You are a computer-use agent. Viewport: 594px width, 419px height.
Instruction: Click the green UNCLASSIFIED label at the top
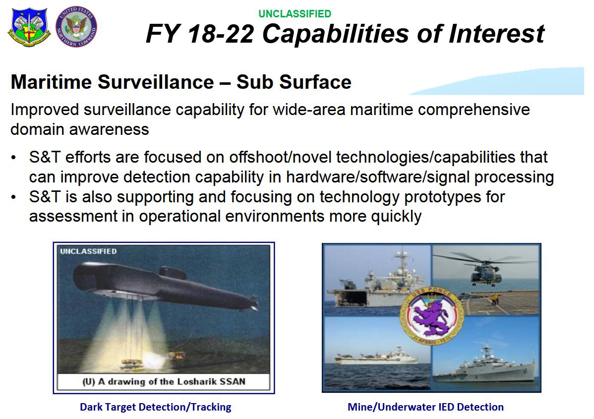tap(295, 14)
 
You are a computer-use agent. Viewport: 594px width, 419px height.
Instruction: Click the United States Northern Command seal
tap(76, 27)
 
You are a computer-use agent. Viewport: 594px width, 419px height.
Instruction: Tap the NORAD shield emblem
tap(29, 27)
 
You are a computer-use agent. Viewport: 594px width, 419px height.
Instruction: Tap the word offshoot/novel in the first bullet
tap(280, 157)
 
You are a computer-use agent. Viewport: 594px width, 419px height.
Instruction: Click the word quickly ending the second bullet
tap(396, 217)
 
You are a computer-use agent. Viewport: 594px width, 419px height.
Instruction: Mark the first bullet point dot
tap(14, 158)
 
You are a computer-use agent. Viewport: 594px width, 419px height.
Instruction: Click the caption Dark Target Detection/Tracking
tap(155, 407)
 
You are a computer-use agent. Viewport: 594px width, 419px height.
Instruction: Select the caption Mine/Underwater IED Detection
tap(425, 407)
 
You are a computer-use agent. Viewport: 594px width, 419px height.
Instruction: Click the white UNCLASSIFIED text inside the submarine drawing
tap(88, 251)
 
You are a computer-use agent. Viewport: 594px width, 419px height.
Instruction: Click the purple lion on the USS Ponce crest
tap(431, 317)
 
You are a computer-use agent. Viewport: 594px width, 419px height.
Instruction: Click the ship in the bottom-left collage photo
tap(376, 357)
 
